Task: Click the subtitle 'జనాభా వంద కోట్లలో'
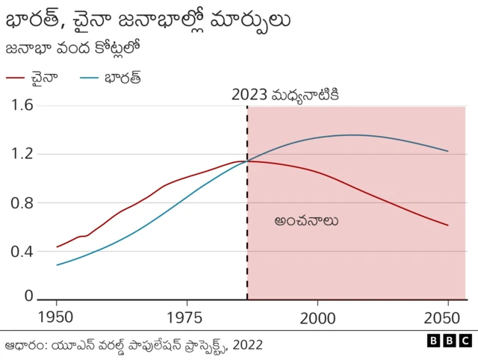(x=73, y=49)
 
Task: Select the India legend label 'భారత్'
(x=122, y=77)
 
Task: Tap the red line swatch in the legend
(x=16, y=77)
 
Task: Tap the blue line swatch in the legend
(x=88, y=77)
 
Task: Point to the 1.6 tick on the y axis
(x=22, y=105)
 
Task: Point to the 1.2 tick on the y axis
(x=22, y=154)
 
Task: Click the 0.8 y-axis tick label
(x=22, y=202)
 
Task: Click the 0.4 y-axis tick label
(x=22, y=251)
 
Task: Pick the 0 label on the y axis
(x=28, y=297)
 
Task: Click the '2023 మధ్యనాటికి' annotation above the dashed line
(x=285, y=95)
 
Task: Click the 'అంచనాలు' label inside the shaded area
(x=306, y=221)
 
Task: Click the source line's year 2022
(x=247, y=345)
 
